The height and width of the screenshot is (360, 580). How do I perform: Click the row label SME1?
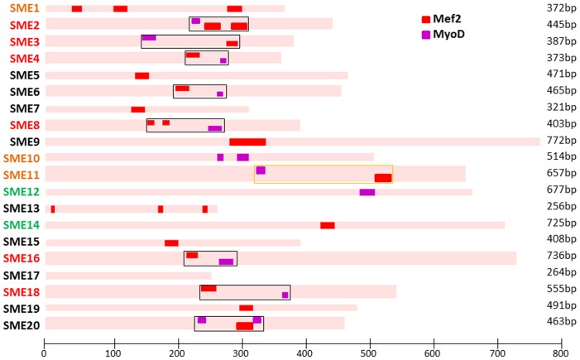tap(24, 8)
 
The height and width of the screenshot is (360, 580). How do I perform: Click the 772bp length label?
tap(560, 142)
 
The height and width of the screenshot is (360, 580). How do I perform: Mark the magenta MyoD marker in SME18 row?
tap(285, 295)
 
